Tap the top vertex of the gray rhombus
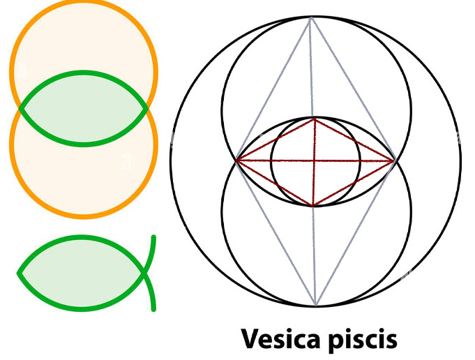click(311, 18)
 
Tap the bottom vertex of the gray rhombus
click(315, 306)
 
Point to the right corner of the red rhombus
click(396, 161)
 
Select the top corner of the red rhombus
click(315, 118)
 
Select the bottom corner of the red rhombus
click(314, 206)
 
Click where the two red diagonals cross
click(315, 161)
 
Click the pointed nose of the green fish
click(20, 273)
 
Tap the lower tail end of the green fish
click(153, 309)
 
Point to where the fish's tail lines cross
click(144, 273)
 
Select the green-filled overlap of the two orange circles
click(84, 109)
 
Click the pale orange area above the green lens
click(84, 42)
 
